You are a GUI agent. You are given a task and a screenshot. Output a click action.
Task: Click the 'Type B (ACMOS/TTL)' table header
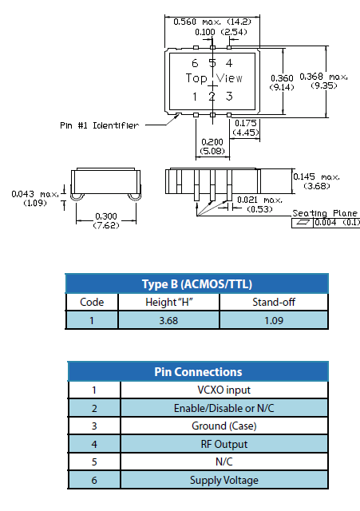197,284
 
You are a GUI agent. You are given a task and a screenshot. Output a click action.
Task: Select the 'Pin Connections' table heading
198,372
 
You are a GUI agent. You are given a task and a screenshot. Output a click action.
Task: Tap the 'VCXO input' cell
224,390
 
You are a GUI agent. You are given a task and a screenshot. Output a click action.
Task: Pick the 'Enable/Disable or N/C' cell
224,408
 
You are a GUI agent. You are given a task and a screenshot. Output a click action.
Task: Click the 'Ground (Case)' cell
224,426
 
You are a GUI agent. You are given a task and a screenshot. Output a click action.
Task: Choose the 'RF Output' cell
224,444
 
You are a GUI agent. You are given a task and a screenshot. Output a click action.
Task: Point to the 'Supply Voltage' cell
224,480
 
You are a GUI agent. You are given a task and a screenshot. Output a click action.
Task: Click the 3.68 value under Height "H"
168,320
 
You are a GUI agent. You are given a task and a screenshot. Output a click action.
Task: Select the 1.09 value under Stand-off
274,320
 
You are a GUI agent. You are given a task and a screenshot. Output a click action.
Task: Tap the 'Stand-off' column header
274,302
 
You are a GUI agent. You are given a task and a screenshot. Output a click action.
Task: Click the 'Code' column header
92,302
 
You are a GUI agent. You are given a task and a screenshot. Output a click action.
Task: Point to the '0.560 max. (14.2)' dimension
212,22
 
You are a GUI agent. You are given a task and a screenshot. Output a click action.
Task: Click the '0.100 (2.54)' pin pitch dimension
221,32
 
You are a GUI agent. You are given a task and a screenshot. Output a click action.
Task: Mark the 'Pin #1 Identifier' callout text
99,125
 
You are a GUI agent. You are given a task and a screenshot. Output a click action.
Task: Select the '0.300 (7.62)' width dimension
106,220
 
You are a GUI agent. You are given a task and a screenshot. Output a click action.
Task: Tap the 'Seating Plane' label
325,213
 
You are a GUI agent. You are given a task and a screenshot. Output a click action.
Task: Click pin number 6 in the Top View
195,63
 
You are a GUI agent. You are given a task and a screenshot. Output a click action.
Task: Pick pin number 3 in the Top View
229,97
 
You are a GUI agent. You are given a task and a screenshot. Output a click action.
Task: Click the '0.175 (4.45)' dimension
246,128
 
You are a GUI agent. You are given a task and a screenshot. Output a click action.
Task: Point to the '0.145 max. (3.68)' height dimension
316,181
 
